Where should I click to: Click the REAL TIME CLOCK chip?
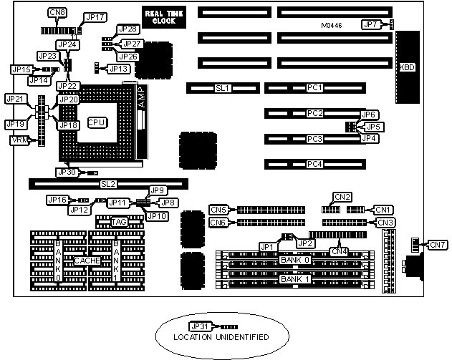[x=163, y=17]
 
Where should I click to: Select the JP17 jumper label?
[x=95, y=16]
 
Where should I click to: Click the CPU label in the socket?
[x=97, y=123]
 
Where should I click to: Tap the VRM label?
[x=20, y=140]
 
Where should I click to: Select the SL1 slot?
[x=221, y=88]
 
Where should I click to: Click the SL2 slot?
[x=108, y=184]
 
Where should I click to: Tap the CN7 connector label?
[x=437, y=245]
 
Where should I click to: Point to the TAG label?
[x=119, y=222]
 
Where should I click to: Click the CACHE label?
[x=87, y=261]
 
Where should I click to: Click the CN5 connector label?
[x=218, y=210]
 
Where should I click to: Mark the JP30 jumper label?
[x=66, y=172]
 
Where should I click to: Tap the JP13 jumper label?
[x=120, y=69]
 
